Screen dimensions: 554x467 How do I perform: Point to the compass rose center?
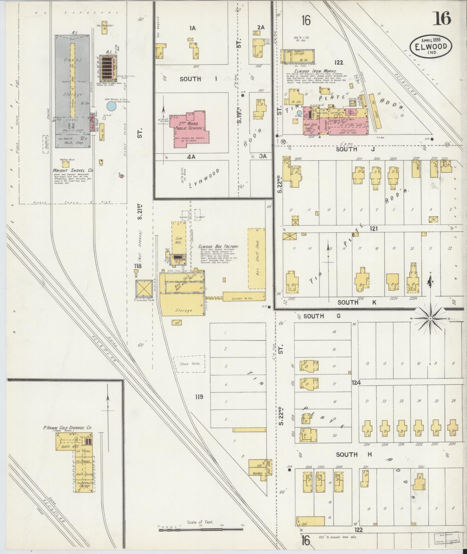pyautogui.click(x=431, y=318)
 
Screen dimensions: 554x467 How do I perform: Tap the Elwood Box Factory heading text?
pyautogui.click(x=218, y=246)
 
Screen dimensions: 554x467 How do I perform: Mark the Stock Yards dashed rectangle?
pyautogui.click(x=189, y=364)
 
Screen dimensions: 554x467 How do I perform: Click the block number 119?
pyautogui.click(x=199, y=397)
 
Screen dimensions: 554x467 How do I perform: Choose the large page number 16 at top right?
pyautogui.click(x=442, y=19)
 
